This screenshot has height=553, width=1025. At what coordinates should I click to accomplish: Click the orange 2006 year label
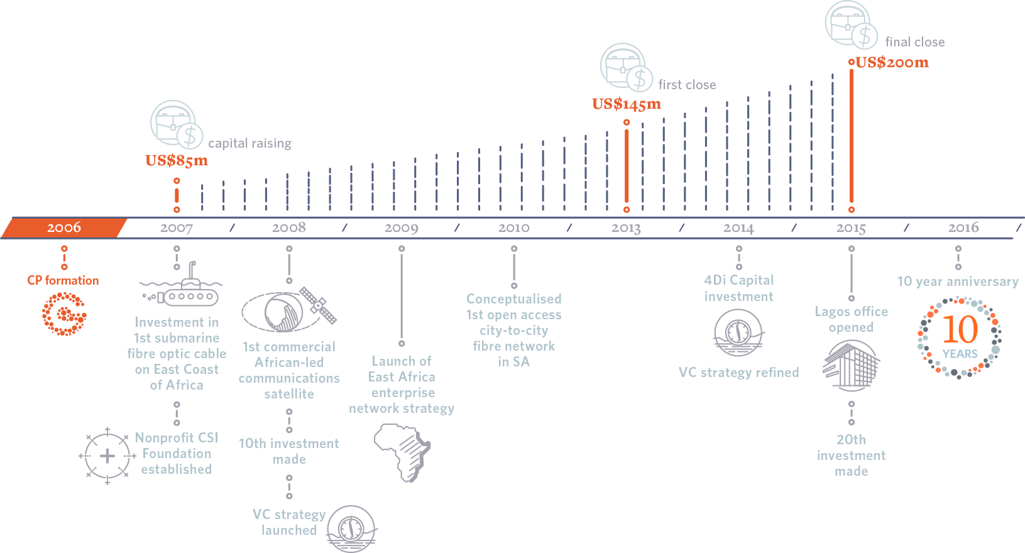(x=63, y=227)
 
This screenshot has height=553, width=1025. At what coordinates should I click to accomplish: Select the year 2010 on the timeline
(x=513, y=227)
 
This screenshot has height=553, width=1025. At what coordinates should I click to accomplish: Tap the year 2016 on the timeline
(x=963, y=227)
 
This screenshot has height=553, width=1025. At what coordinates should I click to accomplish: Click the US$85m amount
(x=177, y=161)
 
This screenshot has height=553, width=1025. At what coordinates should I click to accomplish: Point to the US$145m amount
(x=626, y=104)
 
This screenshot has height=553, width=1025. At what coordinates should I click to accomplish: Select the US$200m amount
(x=892, y=62)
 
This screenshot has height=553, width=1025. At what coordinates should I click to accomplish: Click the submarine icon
(x=182, y=290)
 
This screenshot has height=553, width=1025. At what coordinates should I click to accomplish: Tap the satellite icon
(x=289, y=311)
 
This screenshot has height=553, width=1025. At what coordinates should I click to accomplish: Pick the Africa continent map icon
(x=402, y=452)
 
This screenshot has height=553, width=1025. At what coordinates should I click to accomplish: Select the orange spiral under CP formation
(x=63, y=314)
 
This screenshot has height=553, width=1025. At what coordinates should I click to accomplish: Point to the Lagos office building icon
(x=851, y=366)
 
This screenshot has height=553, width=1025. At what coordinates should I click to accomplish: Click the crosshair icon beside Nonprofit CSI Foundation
(x=107, y=456)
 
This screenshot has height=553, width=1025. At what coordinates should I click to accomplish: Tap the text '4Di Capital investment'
(x=738, y=288)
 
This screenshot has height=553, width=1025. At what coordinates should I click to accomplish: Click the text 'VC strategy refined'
(x=738, y=373)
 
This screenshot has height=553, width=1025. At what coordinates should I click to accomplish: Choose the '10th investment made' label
(x=289, y=451)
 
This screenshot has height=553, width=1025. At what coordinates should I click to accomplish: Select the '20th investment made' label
(x=851, y=456)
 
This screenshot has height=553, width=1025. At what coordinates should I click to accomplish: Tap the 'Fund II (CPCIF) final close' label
(x=925, y=35)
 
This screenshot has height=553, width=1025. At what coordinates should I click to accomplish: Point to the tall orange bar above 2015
(x=852, y=138)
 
